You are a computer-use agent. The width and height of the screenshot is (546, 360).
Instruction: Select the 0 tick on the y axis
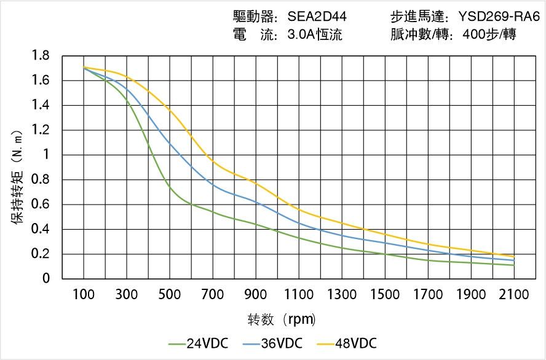pyautogui.click(x=47, y=279)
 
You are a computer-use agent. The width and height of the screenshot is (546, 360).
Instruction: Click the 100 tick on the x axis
pyautogui.click(x=84, y=294)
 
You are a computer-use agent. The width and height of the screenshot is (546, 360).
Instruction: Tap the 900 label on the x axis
pyautogui.click(x=256, y=294)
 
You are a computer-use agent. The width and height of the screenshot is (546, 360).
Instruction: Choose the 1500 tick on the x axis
pyautogui.click(x=385, y=294)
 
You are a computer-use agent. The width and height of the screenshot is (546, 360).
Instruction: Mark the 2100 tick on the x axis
pyautogui.click(x=514, y=294)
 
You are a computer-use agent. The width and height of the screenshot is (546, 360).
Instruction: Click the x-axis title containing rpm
pyautogui.click(x=282, y=320)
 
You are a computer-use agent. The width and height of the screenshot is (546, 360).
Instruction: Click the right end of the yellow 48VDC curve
pyautogui.click(x=514, y=256)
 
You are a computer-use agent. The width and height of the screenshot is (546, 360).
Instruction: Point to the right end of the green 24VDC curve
pyautogui.click(x=514, y=265)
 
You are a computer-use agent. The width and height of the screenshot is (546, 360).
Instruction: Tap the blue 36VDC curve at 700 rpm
pyautogui.click(x=213, y=184)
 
